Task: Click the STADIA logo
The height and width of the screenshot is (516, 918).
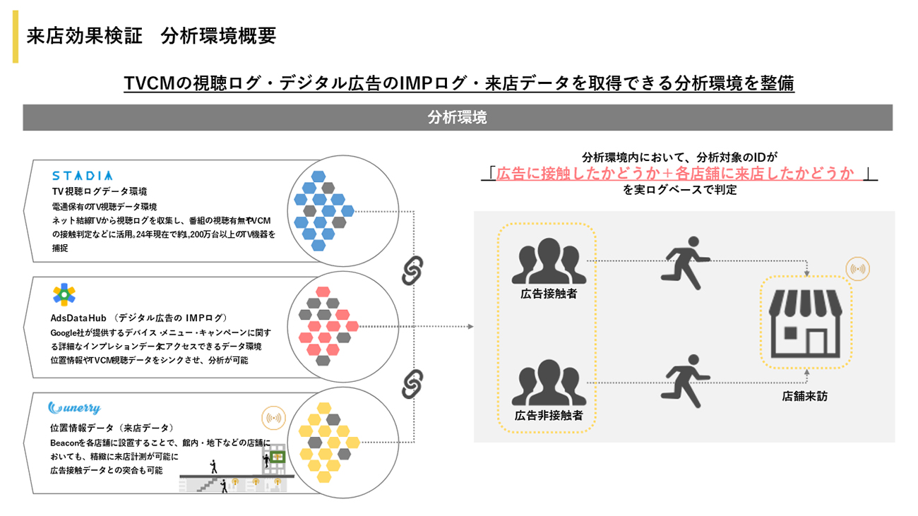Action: tap(82, 175)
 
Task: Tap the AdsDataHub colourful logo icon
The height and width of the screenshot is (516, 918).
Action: tap(64, 294)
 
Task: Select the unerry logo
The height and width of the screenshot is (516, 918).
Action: tap(74, 408)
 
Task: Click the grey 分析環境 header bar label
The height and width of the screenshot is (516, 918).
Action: tap(458, 118)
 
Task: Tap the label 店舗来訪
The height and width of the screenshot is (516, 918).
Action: tap(804, 397)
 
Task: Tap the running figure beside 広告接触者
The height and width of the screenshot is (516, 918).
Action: tap(685, 263)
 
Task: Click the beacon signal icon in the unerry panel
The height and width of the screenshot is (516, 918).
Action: tap(273, 419)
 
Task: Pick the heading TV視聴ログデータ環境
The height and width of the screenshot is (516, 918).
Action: tap(99, 191)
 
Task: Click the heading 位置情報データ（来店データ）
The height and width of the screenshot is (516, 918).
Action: tap(112, 428)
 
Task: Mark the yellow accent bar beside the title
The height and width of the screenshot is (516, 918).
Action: tap(16, 37)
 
